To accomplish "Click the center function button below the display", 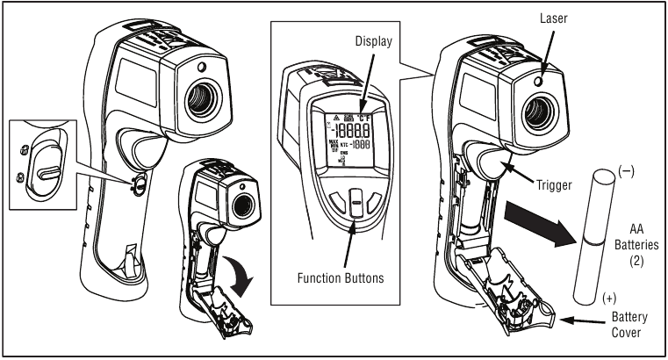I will [355, 205].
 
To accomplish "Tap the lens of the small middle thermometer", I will [242, 203].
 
